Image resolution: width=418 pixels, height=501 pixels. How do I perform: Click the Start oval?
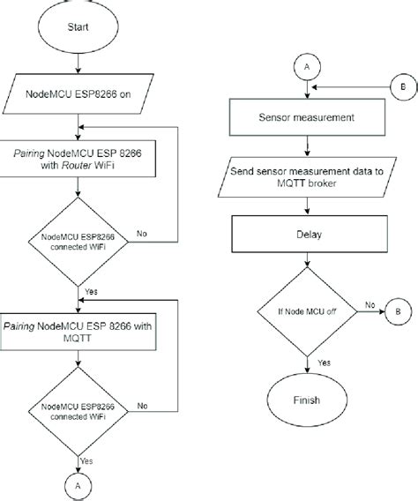[x=79, y=28]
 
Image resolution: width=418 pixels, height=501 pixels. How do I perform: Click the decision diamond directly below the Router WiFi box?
[x=79, y=241]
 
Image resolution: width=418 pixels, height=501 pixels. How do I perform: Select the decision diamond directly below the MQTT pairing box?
[x=79, y=410]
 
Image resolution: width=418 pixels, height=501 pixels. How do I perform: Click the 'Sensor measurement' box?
[x=305, y=116]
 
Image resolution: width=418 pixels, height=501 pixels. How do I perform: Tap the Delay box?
[x=305, y=236]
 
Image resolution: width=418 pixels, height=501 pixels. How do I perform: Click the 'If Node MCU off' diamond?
[x=305, y=310]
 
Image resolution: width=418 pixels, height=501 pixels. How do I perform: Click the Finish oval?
[x=305, y=400]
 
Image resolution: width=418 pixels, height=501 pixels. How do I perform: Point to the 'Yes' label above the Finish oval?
[x=323, y=361]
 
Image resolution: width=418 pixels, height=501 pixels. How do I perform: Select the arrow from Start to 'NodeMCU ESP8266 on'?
[x=79, y=64]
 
